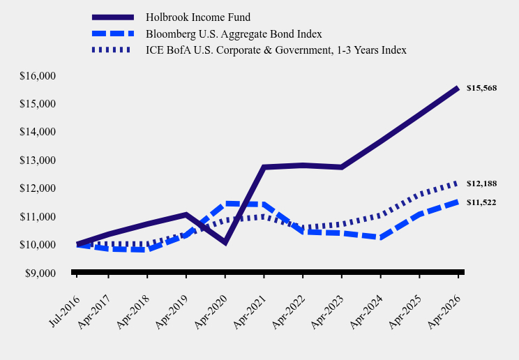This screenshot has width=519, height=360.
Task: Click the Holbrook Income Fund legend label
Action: [x=198, y=17]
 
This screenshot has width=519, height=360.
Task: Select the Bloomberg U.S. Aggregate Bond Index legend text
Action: [x=234, y=33]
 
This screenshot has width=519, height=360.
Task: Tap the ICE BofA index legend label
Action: [x=276, y=50]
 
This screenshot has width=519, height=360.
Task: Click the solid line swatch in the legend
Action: [x=113, y=17]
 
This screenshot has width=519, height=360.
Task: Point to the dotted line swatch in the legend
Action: [x=111, y=50]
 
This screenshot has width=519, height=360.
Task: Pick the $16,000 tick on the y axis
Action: [x=38, y=76]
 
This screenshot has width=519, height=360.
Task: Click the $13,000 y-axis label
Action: [x=38, y=160]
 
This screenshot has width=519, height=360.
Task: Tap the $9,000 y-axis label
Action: [x=40, y=273]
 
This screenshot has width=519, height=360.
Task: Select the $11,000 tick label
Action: [x=38, y=216]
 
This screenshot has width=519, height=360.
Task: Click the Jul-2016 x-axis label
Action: [x=65, y=310]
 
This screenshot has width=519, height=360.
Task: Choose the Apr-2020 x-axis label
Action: [x=211, y=312]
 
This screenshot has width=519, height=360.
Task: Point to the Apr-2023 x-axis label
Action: [x=328, y=312]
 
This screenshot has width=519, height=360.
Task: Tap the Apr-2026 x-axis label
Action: [x=444, y=312]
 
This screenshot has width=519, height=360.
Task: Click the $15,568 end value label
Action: [x=481, y=88]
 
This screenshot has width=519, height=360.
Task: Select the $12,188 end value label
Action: [x=481, y=183]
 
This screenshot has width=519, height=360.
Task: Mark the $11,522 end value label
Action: [x=481, y=202]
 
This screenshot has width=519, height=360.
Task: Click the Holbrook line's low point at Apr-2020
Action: [x=225, y=243]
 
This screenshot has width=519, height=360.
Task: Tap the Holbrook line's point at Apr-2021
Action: [x=264, y=167]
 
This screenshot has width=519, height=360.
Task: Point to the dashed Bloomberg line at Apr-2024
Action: [x=381, y=237]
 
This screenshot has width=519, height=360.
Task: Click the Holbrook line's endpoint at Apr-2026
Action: [x=458, y=88]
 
